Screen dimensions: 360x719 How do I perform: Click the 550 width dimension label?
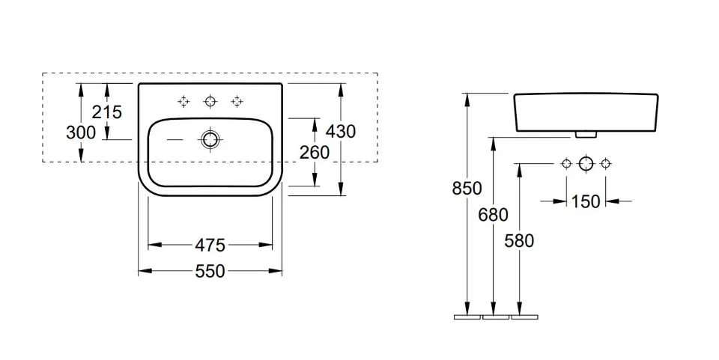pos(210,271)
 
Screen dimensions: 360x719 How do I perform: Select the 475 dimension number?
pos(210,245)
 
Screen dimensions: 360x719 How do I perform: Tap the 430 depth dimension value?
pos(340,131)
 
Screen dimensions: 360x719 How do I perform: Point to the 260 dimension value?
pos(315,153)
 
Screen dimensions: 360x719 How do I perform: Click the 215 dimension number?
pos(107,112)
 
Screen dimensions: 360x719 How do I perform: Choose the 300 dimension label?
pos(81,132)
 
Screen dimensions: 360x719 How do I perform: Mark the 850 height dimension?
pos(467,189)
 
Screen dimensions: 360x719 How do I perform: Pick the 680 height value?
pos(493,216)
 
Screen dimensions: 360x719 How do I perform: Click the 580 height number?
pos(519,241)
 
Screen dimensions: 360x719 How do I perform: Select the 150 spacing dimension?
pos(586,201)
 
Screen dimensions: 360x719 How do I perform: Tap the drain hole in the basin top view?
pos(210,139)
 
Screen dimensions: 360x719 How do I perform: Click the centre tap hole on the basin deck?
pos(210,101)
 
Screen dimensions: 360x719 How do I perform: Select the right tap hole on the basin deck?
pos(237,101)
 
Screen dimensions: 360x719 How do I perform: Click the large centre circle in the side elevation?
pos(586,163)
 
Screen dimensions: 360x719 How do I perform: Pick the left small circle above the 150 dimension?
pos(566,163)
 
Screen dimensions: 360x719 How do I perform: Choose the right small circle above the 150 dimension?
pos(606,163)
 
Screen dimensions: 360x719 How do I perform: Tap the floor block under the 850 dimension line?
pos(467,317)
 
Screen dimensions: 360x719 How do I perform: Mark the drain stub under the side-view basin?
pos(585,135)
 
